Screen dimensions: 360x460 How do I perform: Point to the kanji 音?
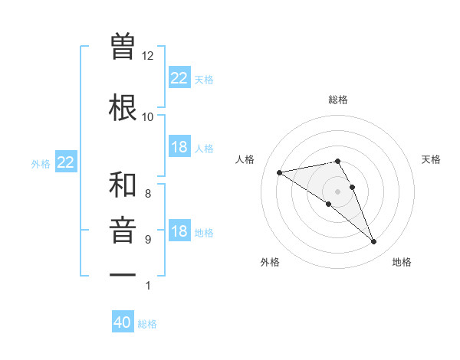point(123,231)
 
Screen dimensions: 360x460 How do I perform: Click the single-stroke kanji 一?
point(123,274)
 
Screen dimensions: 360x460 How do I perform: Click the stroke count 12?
point(148,56)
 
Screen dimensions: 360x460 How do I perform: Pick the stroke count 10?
point(148,117)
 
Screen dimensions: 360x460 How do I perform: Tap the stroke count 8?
point(148,194)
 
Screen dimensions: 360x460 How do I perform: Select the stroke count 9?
point(148,240)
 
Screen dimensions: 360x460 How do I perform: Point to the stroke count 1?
point(148,286)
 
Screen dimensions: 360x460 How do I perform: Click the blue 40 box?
point(123,322)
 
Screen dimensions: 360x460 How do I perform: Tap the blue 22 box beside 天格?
point(179,78)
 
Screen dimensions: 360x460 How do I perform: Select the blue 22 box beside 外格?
point(66,162)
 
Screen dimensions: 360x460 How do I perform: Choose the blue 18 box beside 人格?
point(179,147)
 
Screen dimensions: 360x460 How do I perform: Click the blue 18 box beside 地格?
point(179,231)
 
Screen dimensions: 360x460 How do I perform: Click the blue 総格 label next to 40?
point(147,324)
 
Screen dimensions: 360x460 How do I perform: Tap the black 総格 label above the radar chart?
point(338,100)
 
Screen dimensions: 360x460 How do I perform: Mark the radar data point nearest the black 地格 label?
point(374,242)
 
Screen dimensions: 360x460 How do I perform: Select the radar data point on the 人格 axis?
point(280,172)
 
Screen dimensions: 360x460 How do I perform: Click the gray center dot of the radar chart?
point(337,191)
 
